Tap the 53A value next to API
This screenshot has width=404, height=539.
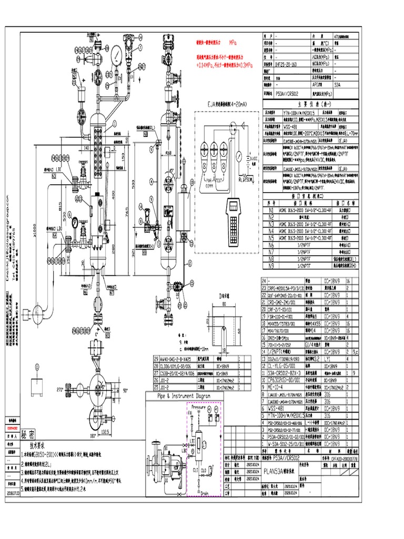pyautogui.click(x=337, y=84)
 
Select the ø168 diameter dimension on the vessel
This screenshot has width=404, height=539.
pyautogui.click(x=168, y=153)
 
